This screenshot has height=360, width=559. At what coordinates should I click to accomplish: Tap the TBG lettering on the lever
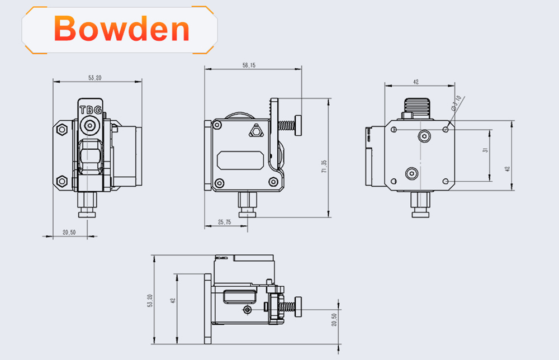tap(90, 110)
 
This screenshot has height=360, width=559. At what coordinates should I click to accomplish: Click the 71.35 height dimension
tap(323, 166)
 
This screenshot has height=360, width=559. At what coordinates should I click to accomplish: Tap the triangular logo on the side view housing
tap(256, 131)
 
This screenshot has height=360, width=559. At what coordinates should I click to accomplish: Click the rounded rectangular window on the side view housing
tap(241, 161)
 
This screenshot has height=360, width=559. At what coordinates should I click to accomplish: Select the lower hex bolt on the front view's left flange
tap(62, 181)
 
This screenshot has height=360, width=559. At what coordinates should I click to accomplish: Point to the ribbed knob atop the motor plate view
tap(418, 106)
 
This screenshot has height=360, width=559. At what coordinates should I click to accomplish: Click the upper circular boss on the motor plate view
tap(425, 136)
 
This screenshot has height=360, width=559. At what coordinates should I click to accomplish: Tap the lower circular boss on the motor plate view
tap(412, 174)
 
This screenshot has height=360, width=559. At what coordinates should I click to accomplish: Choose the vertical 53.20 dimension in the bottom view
tap(149, 301)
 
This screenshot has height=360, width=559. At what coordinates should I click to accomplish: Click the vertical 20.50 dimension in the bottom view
tap(334, 319)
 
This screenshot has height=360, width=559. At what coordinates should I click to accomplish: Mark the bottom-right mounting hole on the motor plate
tap(446, 181)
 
